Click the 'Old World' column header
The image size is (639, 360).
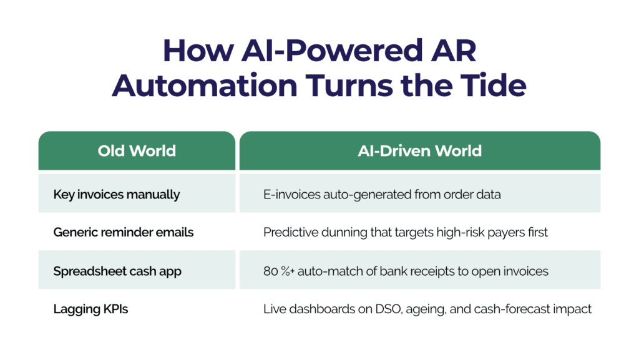(x=137, y=151)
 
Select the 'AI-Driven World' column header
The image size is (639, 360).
(x=420, y=151)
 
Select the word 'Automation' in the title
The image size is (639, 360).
(x=205, y=85)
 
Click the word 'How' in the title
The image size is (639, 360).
(x=198, y=51)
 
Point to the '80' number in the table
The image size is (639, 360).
(x=271, y=271)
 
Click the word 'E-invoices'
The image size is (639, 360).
(x=292, y=195)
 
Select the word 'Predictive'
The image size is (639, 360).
(x=291, y=232)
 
